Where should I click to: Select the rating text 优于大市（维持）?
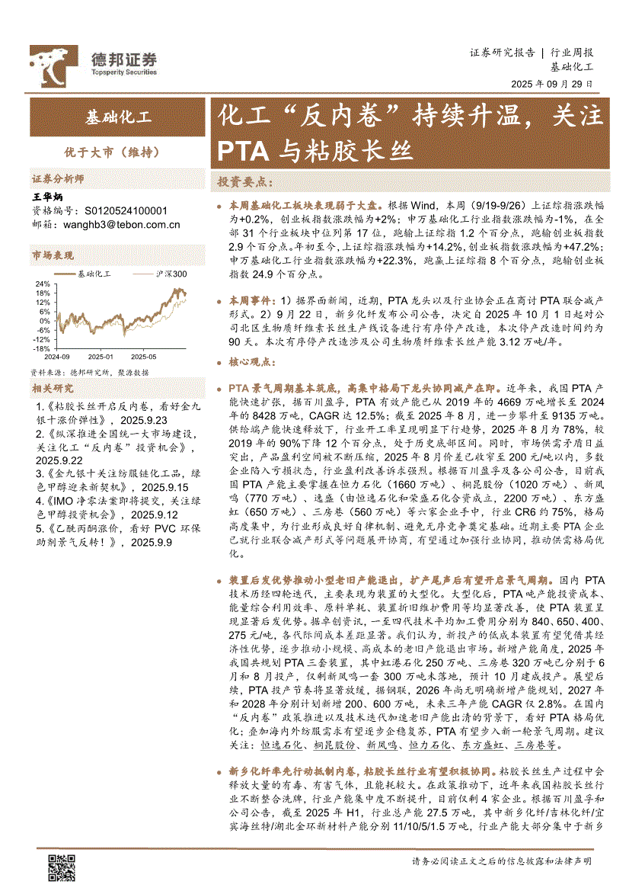coord(118,152)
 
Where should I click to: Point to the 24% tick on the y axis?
coord(42,284)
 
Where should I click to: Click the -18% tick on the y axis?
coord(40,348)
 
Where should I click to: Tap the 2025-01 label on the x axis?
coord(100,356)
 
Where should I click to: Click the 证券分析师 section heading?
coord(57,179)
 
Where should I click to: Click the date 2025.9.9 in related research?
coord(152,542)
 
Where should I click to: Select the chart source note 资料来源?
coord(89,373)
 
